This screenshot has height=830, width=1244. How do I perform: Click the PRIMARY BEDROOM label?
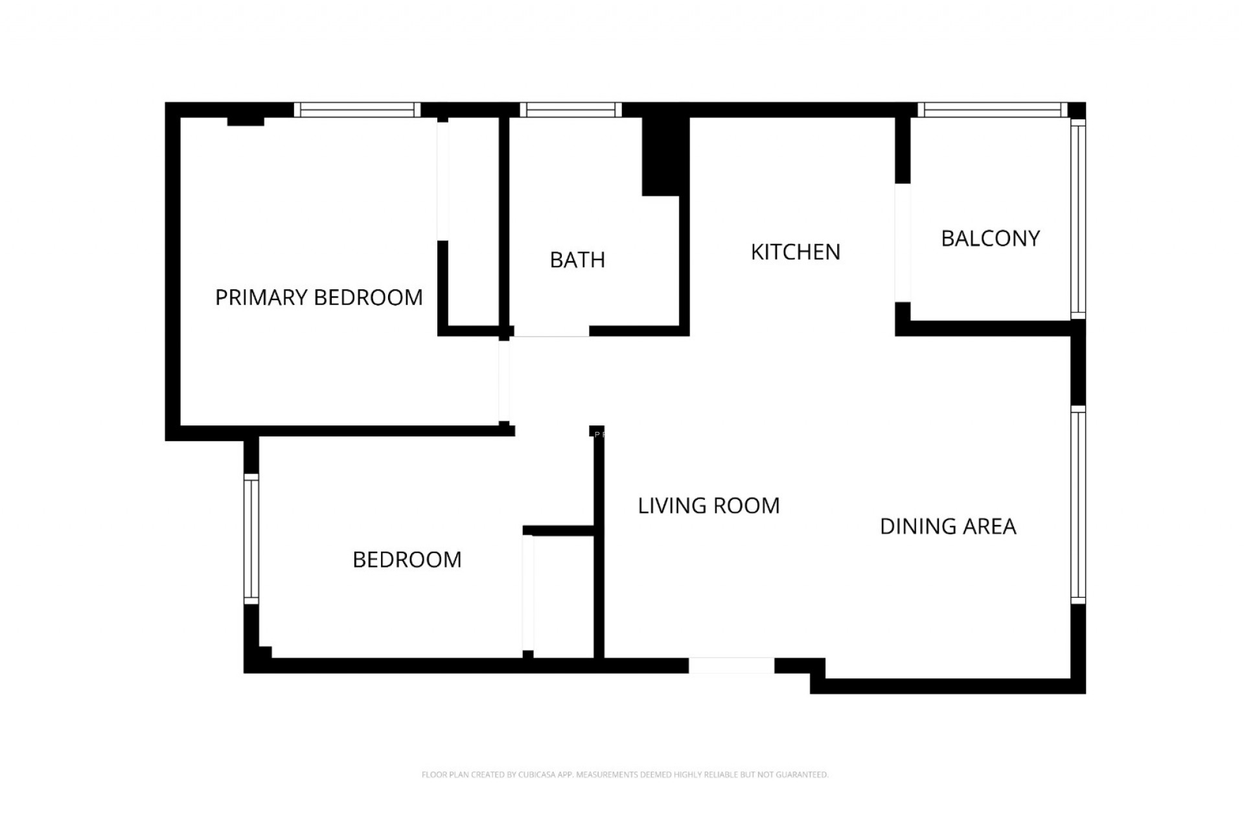(319, 298)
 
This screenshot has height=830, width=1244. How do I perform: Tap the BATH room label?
(577, 260)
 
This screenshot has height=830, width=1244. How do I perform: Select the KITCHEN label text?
(795, 252)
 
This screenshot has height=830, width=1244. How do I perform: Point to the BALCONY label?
(990, 239)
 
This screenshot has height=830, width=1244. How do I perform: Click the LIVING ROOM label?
(709, 506)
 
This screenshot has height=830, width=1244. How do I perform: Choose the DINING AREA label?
(948, 527)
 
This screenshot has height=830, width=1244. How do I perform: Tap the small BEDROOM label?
(407, 560)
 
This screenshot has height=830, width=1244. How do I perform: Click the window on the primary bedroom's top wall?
(357, 110)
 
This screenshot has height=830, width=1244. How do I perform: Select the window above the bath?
(570, 110)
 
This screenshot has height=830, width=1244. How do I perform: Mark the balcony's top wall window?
(992, 110)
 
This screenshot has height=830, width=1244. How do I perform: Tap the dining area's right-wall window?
(1077, 504)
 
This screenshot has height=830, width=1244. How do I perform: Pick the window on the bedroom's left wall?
(251, 539)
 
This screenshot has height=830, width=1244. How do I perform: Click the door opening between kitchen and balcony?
(903, 243)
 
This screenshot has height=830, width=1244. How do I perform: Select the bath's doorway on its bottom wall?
(551, 331)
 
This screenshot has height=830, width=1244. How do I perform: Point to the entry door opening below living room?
(731, 665)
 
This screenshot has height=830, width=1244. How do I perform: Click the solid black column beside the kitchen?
(663, 156)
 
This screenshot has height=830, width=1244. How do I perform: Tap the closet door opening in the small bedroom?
(528, 592)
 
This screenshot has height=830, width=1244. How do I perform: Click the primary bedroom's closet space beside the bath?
(473, 220)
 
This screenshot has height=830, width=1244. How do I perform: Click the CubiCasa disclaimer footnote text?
(625, 774)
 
